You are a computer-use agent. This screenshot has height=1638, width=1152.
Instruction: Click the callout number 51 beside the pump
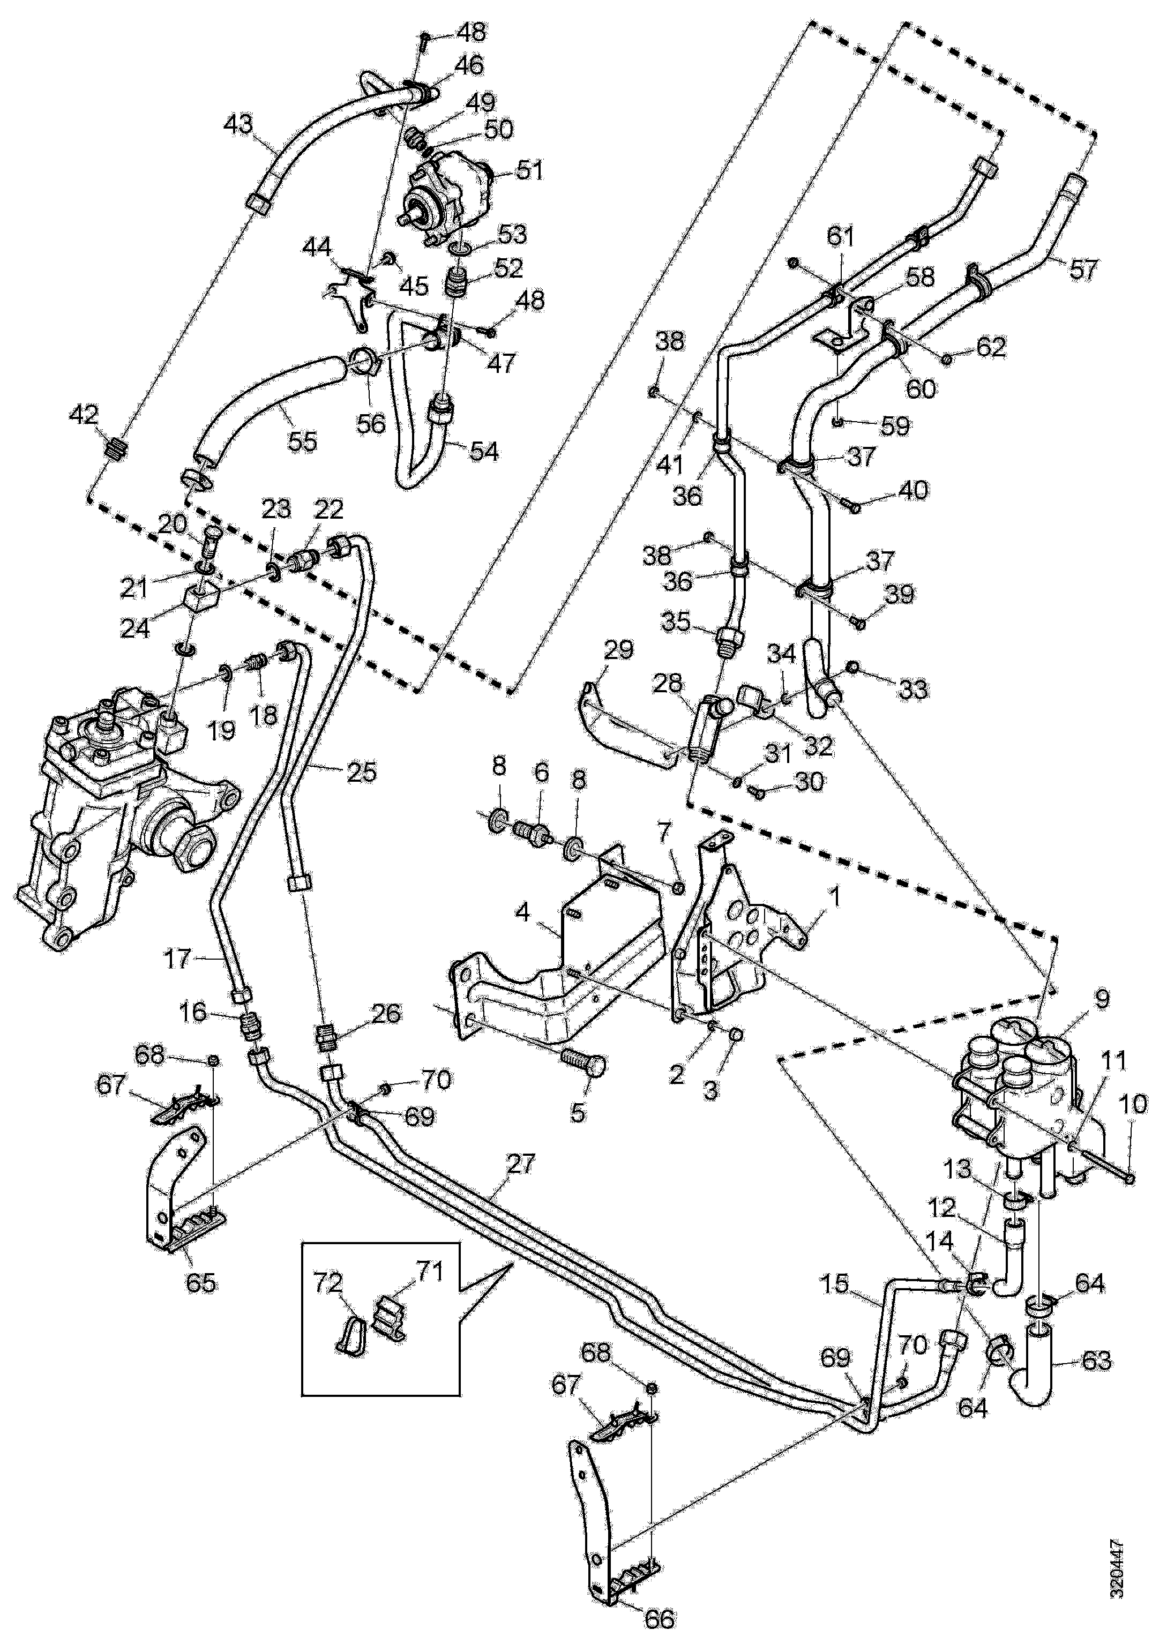(x=530, y=170)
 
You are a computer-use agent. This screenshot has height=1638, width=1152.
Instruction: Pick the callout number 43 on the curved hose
(x=237, y=125)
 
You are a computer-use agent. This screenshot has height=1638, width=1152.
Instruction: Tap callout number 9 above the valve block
(x=1102, y=999)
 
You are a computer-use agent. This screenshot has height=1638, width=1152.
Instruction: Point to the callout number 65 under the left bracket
(x=200, y=1283)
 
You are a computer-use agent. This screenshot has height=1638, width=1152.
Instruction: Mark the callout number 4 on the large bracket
(x=523, y=913)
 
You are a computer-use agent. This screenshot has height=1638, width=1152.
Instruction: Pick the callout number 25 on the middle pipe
(x=360, y=773)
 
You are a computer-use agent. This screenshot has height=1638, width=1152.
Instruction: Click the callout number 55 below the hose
(x=301, y=442)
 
